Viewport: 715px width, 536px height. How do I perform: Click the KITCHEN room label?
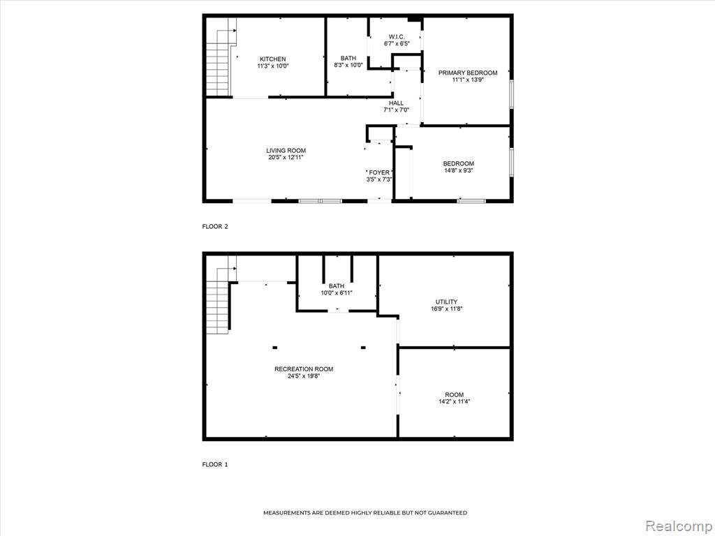(x=273, y=59)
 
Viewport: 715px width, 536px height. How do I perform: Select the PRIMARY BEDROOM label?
(x=468, y=73)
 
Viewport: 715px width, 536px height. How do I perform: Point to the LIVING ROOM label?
(x=286, y=151)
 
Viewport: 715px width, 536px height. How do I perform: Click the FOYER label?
(x=379, y=172)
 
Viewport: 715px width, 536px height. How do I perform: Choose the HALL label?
(x=397, y=103)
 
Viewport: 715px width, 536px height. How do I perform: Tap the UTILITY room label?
(x=446, y=301)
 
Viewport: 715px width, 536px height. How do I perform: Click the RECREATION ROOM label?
(x=304, y=369)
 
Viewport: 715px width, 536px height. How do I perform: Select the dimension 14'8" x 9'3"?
(x=459, y=170)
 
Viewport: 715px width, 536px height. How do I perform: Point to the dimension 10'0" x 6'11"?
(x=337, y=293)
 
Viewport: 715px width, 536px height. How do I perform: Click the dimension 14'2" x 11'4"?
(x=454, y=401)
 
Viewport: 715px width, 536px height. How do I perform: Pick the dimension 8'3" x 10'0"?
(x=348, y=65)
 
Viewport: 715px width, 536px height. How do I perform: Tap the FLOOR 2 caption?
(x=215, y=227)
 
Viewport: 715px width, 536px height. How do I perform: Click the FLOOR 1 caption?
(x=215, y=464)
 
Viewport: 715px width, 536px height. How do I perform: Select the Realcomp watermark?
(x=678, y=526)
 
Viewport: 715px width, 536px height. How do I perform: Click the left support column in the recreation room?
(x=275, y=348)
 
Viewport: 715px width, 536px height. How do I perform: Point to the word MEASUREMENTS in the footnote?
(x=287, y=513)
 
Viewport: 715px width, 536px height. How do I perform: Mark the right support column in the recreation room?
(x=363, y=348)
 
